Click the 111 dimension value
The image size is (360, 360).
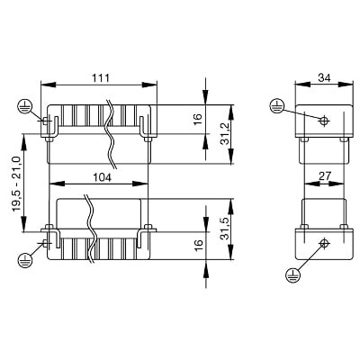101,78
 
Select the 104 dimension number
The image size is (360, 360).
102,177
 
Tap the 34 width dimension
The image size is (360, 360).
324,78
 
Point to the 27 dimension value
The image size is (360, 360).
324,176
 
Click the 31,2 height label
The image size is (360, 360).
225,134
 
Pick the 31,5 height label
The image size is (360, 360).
225,229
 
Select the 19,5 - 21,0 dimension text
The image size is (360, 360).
16,184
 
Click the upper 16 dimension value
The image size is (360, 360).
198,120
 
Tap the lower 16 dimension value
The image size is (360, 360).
198,246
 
